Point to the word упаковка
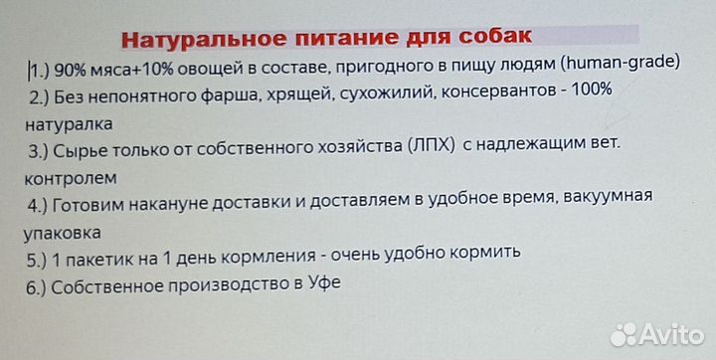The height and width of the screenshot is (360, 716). (x=65, y=234)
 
